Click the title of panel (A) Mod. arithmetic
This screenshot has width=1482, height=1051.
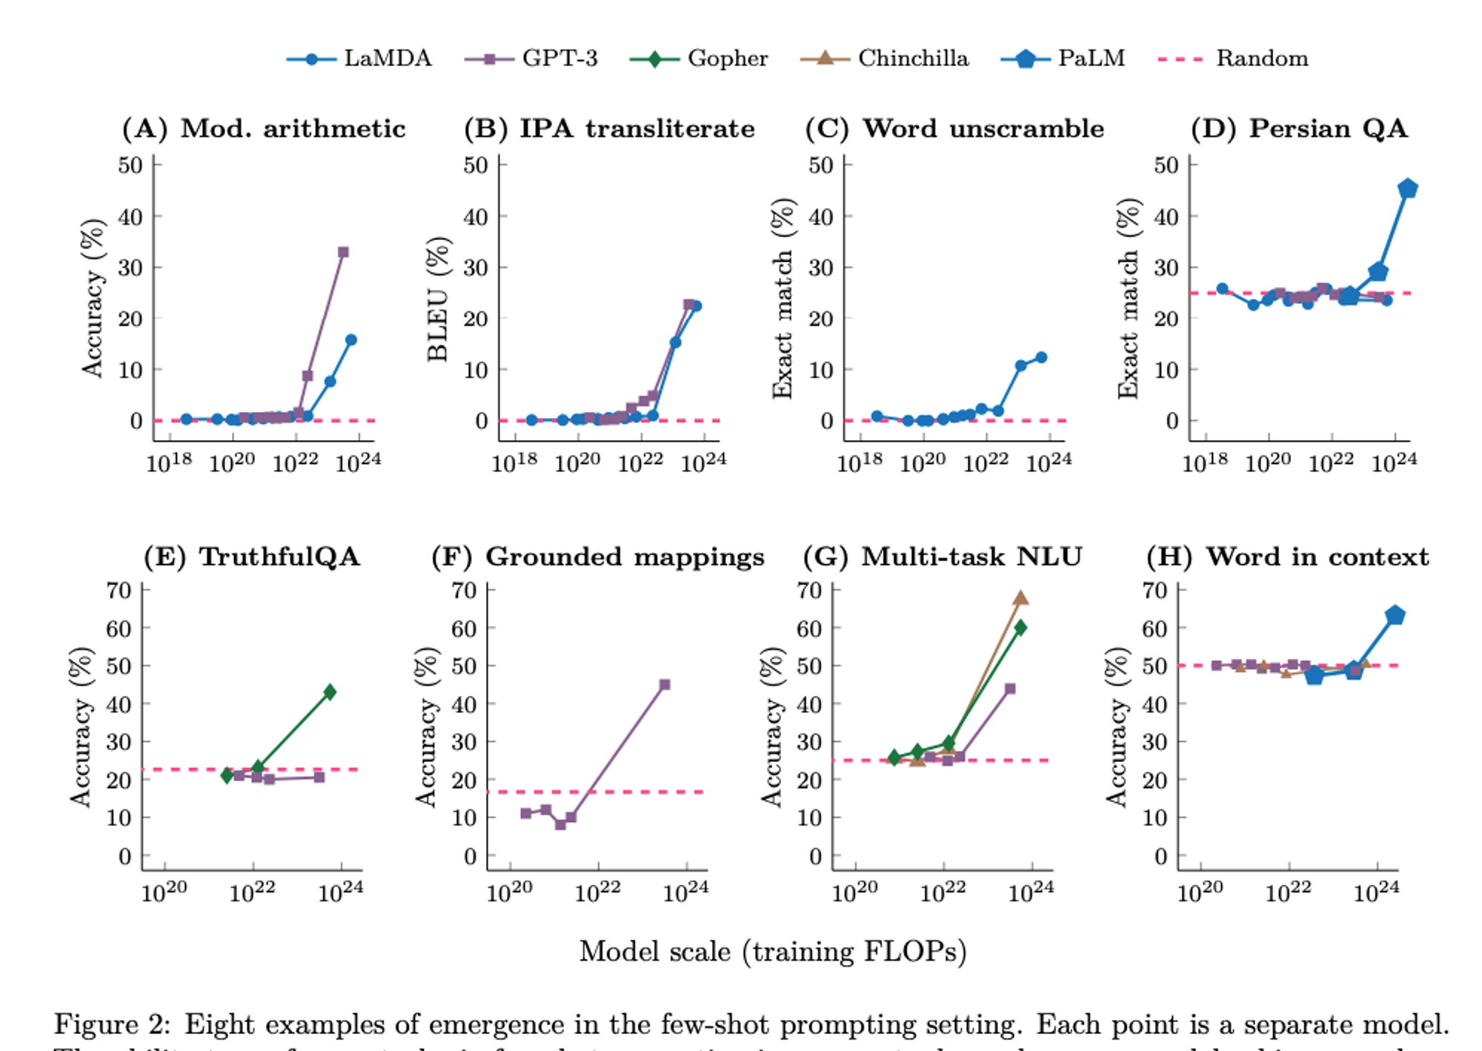tap(264, 128)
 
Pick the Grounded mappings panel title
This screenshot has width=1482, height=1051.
tap(598, 557)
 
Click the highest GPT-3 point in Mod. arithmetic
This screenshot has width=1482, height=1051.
tap(343, 252)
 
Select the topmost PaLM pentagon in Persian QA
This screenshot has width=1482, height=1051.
tap(1407, 189)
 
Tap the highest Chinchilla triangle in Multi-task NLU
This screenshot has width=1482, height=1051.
tap(1020, 598)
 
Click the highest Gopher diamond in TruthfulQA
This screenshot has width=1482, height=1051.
tap(330, 692)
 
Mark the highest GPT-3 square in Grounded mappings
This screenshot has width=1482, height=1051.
tap(665, 684)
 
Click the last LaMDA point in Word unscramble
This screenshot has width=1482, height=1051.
tap(1041, 357)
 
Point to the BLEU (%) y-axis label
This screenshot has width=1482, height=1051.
tap(438, 299)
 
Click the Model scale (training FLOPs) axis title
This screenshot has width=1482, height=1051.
tap(773, 951)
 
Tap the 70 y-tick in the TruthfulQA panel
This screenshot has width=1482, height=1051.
tap(119, 591)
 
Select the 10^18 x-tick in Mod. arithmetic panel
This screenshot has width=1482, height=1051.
tap(169, 463)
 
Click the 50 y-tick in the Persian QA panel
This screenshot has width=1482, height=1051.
tap(1166, 165)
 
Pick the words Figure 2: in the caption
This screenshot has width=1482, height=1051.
tap(112, 1024)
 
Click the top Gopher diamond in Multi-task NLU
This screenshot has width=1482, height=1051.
tap(1020, 628)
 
